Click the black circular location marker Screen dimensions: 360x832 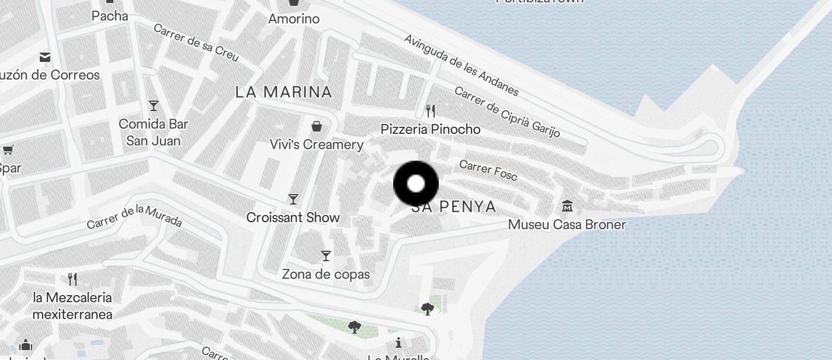pyautogui.click(x=416, y=184)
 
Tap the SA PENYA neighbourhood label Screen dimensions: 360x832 pyautogui.click(x=454, y=207)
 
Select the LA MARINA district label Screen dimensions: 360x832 pyautogui.click(x=284, y=92)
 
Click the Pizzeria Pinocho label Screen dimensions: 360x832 pyautogui.click(x=431, y=129)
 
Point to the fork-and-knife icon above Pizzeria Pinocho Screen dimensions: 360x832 pyautogui.click(x=431, y=110)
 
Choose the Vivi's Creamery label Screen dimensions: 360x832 pyautogui.click(x=317, y=144)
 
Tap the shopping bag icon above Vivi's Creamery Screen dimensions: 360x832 pyautogui.click(x=317, y=126)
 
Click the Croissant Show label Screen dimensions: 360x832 pyautogui.click(x=293, y=217)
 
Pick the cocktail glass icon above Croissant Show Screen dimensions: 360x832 pyautogui.click(x=293, y=199)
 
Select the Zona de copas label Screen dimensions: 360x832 pyautogui.click(x=326, y=274)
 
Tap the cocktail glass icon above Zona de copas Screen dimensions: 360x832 pyautogui.click(x=326, y=256)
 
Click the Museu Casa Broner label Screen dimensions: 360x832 pyautogui.click(x=567, y=224)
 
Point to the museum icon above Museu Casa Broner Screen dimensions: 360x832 pyautogui.click(x=567, y=206)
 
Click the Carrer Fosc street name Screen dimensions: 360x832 pyautogui.click(x=488, y=170)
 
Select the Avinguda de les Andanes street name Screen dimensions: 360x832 pyautogui.click(x=461, y=65)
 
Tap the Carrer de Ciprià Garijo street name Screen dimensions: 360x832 pyautogui.click(x=507, y=112)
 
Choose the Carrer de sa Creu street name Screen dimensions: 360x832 pyautogui.click(x=196, y=42)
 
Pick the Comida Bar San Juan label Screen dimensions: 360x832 pyautogui.click(x=154, y=132)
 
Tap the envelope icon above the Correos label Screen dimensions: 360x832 pyautogui.click(x=45, y=57)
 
